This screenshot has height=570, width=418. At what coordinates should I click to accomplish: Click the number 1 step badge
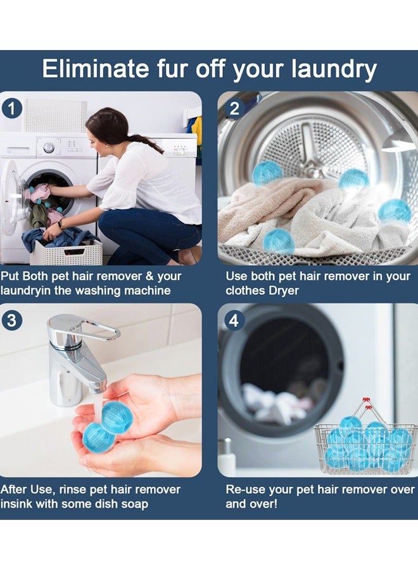coord(11,108)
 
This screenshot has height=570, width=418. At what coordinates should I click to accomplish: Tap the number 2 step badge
coord(234,108)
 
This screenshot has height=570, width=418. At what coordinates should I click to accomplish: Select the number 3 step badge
coord(11,320)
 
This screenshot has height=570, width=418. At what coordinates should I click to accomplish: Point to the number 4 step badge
coord(234,320)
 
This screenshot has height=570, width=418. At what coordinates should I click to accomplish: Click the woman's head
coord(109,125)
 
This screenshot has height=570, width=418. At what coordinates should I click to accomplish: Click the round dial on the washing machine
coord(48,148)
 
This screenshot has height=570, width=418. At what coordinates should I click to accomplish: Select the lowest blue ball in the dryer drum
coord(278,241)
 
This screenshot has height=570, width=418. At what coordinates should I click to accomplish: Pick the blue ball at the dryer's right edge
coord(395,211)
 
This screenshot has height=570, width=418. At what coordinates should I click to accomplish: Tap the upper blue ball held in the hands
coord(117,417)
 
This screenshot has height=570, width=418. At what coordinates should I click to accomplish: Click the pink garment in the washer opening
coord(39,192)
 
